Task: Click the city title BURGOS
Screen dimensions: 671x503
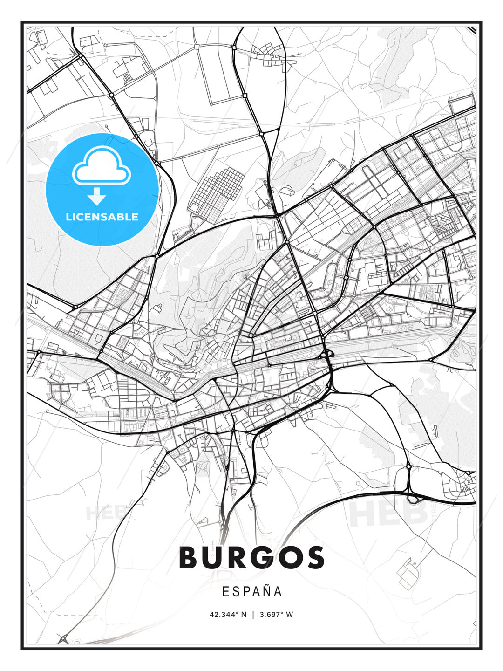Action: coord(251,557)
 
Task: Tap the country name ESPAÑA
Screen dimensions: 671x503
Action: coord(251,591)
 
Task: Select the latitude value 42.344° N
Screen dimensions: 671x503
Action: coord(228,614)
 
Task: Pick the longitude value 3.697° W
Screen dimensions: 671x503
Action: coord(276,614)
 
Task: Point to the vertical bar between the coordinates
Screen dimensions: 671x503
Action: coord(252,614)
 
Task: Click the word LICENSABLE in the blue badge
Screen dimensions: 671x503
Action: coord(102,217)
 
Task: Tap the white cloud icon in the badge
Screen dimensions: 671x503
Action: coord(102,166)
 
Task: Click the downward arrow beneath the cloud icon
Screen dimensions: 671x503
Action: coord(97,197)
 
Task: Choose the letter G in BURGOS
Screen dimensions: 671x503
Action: coord(263,557)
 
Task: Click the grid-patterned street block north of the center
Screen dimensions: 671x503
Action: coord(216,191)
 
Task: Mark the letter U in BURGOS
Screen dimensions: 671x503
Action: coord(214,557)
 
